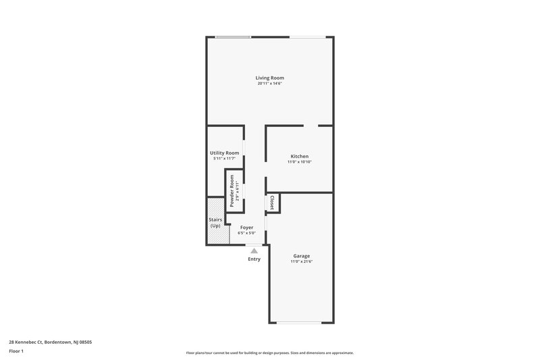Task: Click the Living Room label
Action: [269, 78]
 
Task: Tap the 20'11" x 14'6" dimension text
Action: [269, 84]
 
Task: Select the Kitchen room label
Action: [300, 156]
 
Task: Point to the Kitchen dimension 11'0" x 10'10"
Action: [300, 162]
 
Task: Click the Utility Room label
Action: [225, 153]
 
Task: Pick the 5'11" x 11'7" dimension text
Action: [225, 159]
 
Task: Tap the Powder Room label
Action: [232, 191]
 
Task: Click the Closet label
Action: [272, 203]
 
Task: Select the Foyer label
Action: [246, 228]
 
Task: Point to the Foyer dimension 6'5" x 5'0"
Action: [246, 233]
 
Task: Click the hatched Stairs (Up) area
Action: [215, 222]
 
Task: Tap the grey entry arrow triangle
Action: [254, 250]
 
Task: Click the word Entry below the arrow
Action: [254, 259]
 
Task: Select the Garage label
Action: [302, 255]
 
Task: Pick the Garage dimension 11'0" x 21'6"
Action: [302, 261]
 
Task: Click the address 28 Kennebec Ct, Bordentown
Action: [51, 342]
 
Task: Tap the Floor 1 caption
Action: [17, 351]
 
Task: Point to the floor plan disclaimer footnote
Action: [269, 353]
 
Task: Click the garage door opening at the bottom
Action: [301, 322]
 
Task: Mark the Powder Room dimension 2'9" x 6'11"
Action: [238, 191]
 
